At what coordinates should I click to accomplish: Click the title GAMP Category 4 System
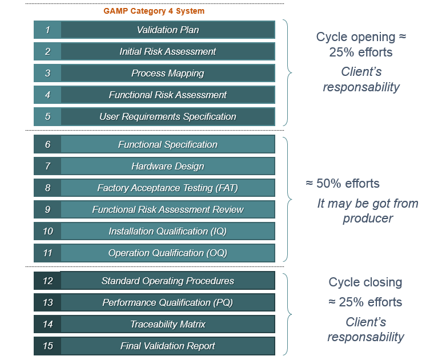tap(154, 11)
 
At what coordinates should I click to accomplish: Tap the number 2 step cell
tap(47, 51)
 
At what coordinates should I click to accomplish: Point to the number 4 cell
tap(47, 95)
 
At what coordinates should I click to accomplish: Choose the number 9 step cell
tap(47, 209)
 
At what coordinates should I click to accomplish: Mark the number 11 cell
tap(47, 253)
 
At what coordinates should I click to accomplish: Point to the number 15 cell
tap(47, 346)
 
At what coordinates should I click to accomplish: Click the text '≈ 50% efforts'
tap(343, 183)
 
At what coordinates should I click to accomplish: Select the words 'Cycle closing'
tap(365, 282)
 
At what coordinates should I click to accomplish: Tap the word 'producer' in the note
tap(368, 219)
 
